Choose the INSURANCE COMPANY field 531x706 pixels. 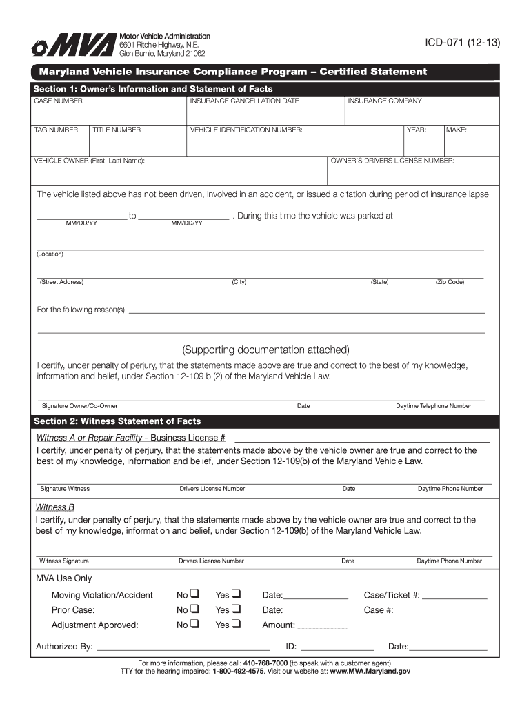pyautogui.click(x=422, y=110)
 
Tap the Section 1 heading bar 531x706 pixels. pyautogui.click(x=265, y=89)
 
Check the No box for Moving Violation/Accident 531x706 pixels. pyautogui.click(x=194, y=594)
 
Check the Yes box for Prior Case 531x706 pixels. pyautogui.click(x=236, y=609)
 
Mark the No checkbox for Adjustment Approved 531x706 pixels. pyautogui.click(x=194, y=625)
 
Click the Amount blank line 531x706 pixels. pyautogui.click(x=322, y=625)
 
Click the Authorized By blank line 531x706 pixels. pyautogui.click(x=183, y=647)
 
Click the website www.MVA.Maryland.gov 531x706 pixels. pyautogui.click(x=370, y=670)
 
